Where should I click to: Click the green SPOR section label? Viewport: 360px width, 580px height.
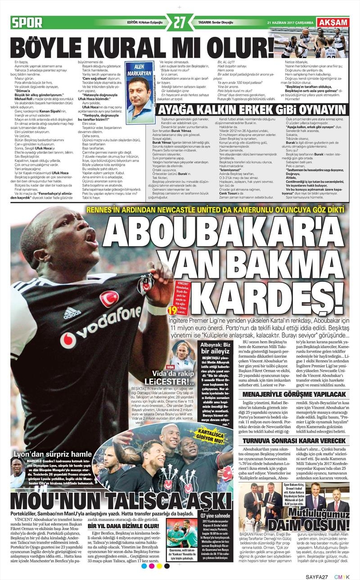pyautogui.click(x=27, y=22)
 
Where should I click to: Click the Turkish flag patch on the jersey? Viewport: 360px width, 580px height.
pyautogui.click(x=109, y=298)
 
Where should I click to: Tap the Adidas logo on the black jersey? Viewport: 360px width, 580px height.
pyautogui.click(x=72, y=312)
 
